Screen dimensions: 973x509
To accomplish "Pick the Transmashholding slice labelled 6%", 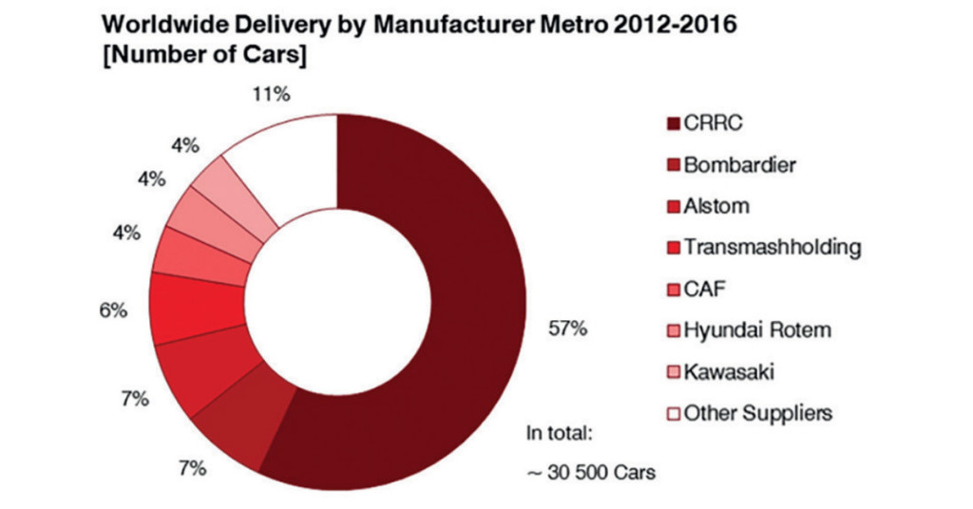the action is (198, 309).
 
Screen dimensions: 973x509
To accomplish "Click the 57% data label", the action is (568, 329).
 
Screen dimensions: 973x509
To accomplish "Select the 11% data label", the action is (271, 94).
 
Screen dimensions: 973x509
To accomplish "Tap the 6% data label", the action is (114, 310).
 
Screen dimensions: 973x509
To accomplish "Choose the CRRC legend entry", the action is (705, 123).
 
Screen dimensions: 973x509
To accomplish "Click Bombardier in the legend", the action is (732, 165).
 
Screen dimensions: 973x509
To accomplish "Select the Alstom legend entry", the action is (709, 206).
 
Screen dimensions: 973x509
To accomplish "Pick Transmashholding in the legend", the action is (765, 247).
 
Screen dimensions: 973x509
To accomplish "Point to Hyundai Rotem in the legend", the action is (749, 330).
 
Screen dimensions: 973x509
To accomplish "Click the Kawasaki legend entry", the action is (721, 372).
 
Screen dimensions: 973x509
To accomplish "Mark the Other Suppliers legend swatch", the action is (674, 413).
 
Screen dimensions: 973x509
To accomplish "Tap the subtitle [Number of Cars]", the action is (205, 54).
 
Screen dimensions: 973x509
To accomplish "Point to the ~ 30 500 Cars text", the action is (591, 472).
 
